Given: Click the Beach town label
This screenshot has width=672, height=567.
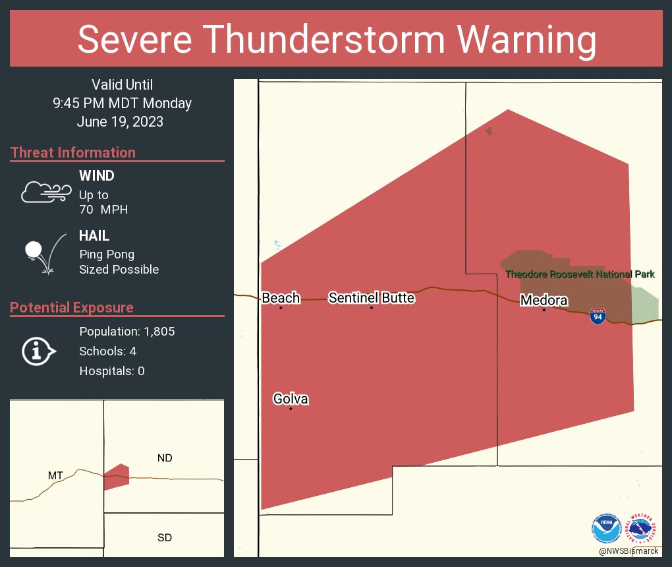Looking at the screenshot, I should coord(281,298).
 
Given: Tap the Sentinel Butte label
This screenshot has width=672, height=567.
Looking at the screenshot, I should coord(372,298).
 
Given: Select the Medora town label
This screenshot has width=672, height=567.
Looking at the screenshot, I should coord(544,301).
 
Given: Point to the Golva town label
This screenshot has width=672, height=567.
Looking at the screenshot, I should coord(291,399).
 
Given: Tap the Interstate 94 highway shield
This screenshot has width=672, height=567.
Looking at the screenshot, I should coord(598,317).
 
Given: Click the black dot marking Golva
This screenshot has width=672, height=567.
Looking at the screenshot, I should coord(291,409).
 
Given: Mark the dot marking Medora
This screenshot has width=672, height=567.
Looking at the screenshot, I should coord(544,310).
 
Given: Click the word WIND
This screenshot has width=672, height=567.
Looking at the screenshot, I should coord(97,176).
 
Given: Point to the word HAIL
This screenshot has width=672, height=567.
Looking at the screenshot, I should coord(94,236).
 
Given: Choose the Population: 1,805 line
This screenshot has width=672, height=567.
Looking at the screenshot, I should coord(126,332).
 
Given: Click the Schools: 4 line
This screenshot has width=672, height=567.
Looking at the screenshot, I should coord(107,351).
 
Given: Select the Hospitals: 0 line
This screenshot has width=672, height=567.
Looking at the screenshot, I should coord(112,371).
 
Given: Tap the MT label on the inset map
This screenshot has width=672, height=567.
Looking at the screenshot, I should coord(56,475).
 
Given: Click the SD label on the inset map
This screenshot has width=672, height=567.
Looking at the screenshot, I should coord(165,537).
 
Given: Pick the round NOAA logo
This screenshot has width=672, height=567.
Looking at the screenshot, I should coord(606,528).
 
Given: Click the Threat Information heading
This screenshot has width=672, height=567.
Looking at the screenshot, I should coord(73,153).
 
